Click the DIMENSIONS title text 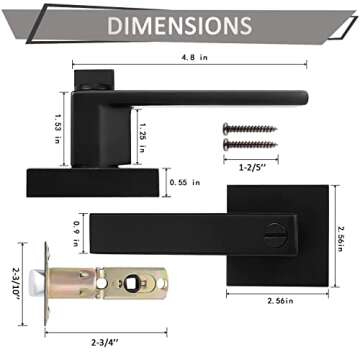179,24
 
